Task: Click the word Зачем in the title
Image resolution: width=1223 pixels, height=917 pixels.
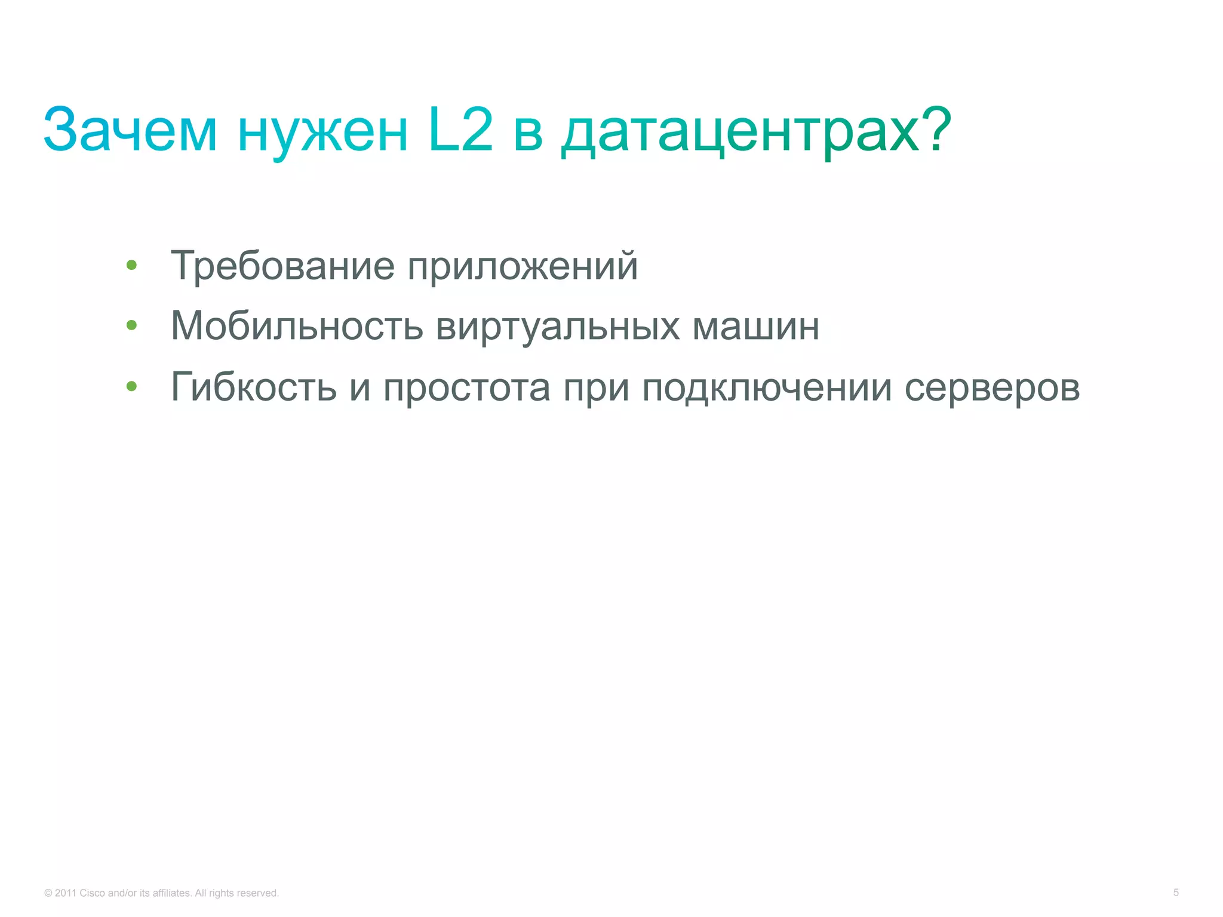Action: point(130,130)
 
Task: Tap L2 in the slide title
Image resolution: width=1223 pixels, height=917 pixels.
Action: point(460,128)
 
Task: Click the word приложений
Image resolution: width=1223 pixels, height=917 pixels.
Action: point(523,266)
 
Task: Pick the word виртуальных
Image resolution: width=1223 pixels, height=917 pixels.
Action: point(558,327)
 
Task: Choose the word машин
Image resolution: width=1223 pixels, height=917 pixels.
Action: point(756,327)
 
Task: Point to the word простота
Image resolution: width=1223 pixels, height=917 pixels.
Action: point(466,388)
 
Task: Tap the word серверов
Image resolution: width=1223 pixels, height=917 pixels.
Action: point(992,388)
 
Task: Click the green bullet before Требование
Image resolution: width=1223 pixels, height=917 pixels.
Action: point(132,265)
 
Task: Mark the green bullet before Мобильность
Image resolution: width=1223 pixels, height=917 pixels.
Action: point(132,325)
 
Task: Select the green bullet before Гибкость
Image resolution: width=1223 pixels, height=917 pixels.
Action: point(132,386)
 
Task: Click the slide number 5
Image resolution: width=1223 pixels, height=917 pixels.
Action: point(1176,893)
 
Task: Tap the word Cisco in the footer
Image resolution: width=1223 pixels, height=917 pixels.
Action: point(92,893)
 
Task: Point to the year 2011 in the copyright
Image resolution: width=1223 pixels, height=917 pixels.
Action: point(65,893)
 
